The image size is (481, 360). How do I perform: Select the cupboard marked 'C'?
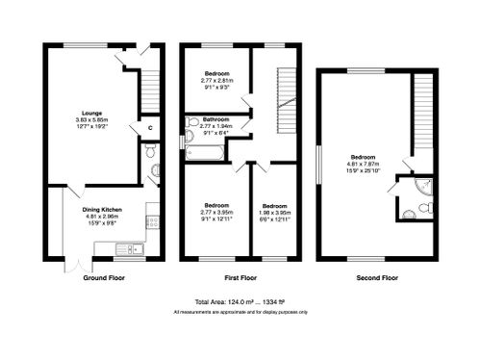[x=149, y=128]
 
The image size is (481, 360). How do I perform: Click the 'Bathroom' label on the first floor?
[x=215, y=119]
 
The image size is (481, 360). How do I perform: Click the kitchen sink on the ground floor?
[x=127, y=249]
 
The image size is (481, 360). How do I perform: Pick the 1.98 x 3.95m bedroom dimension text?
[x=275, y=212]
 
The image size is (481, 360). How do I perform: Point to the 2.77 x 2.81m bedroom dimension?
[x=217, y=81]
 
